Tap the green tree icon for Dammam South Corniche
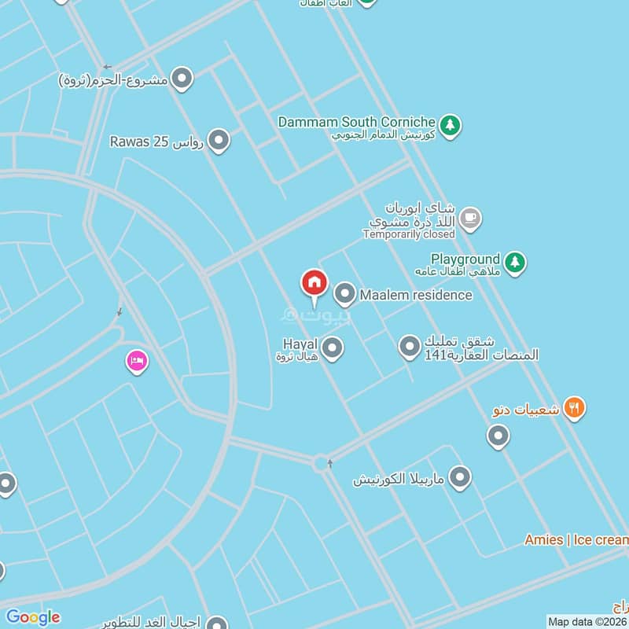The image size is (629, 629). pyautogui.click(x=450, y=125)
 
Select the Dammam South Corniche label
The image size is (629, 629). pyautogui.click(x=357, y=123)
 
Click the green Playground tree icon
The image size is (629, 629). pyautogui.click(x=514, y=262)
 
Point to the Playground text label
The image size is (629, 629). pyautogui.click(x=465, y=259)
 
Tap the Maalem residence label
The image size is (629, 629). pyautogui.click(x=416, y=295)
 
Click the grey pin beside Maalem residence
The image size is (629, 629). pyautogui.click(x=344, y=295)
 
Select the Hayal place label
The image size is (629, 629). pyautogui.click(x=299, y=344)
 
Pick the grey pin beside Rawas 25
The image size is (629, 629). pyautogui.click(x=219, y=141)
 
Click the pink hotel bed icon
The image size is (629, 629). pyautogui.click(x=137, y=362)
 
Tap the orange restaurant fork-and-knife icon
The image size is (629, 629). pyautogui.click(x=576, y=408)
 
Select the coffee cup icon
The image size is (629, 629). pyautogui.click(x=470, y=219)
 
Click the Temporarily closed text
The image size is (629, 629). pyautogui.click(x=409, y=234)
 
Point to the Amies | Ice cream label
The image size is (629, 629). pyautogui.click(x=576, y=539)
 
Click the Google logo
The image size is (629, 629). pyautogui.click(x=33, y=617)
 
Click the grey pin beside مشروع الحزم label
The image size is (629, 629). pyautogui.click(x=182, y=79)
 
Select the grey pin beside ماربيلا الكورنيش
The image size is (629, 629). pyautogui.click(x=460, y=477)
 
